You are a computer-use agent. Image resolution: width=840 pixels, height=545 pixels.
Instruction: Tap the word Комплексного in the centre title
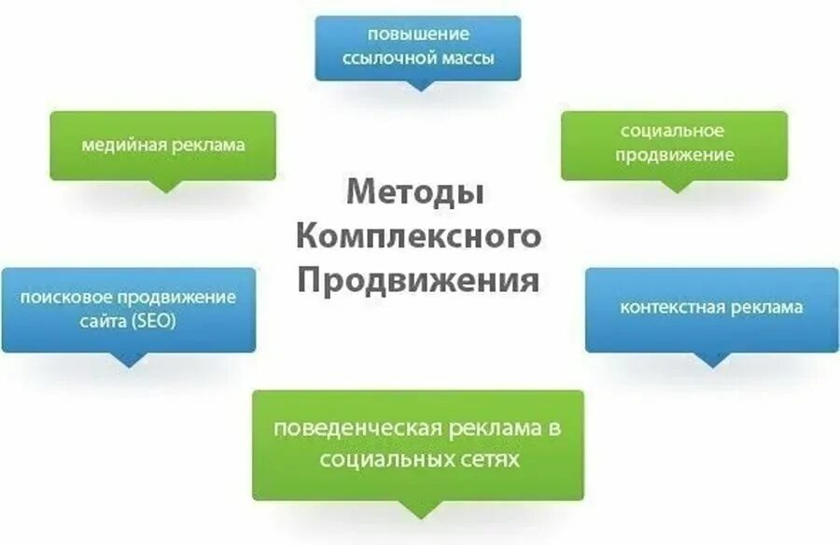pyautogui.click(x=419, y=237)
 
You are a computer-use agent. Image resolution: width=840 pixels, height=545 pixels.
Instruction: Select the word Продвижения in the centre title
pyautogui.click(x=417, y=280)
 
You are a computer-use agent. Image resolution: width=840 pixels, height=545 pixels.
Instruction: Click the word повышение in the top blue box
pyautogui.click(x=417, y=35)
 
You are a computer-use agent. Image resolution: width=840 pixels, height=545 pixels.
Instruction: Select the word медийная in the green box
pyautogui.click(x=121, y=146)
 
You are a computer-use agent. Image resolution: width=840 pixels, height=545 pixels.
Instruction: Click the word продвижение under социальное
pyautogui.click(x=674, y=156)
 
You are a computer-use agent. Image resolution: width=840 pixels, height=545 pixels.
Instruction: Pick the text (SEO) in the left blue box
pyautogui.click(x=153, y=322)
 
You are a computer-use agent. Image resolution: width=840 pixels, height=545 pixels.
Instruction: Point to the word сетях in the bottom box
pyautogui.click(x=491, y=460)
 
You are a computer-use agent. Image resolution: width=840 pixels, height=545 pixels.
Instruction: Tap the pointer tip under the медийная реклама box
pyautogui.click(x=165, y=190)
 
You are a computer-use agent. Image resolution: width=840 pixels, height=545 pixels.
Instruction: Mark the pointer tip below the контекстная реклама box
pyautogui.click(x=713, y=365)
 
